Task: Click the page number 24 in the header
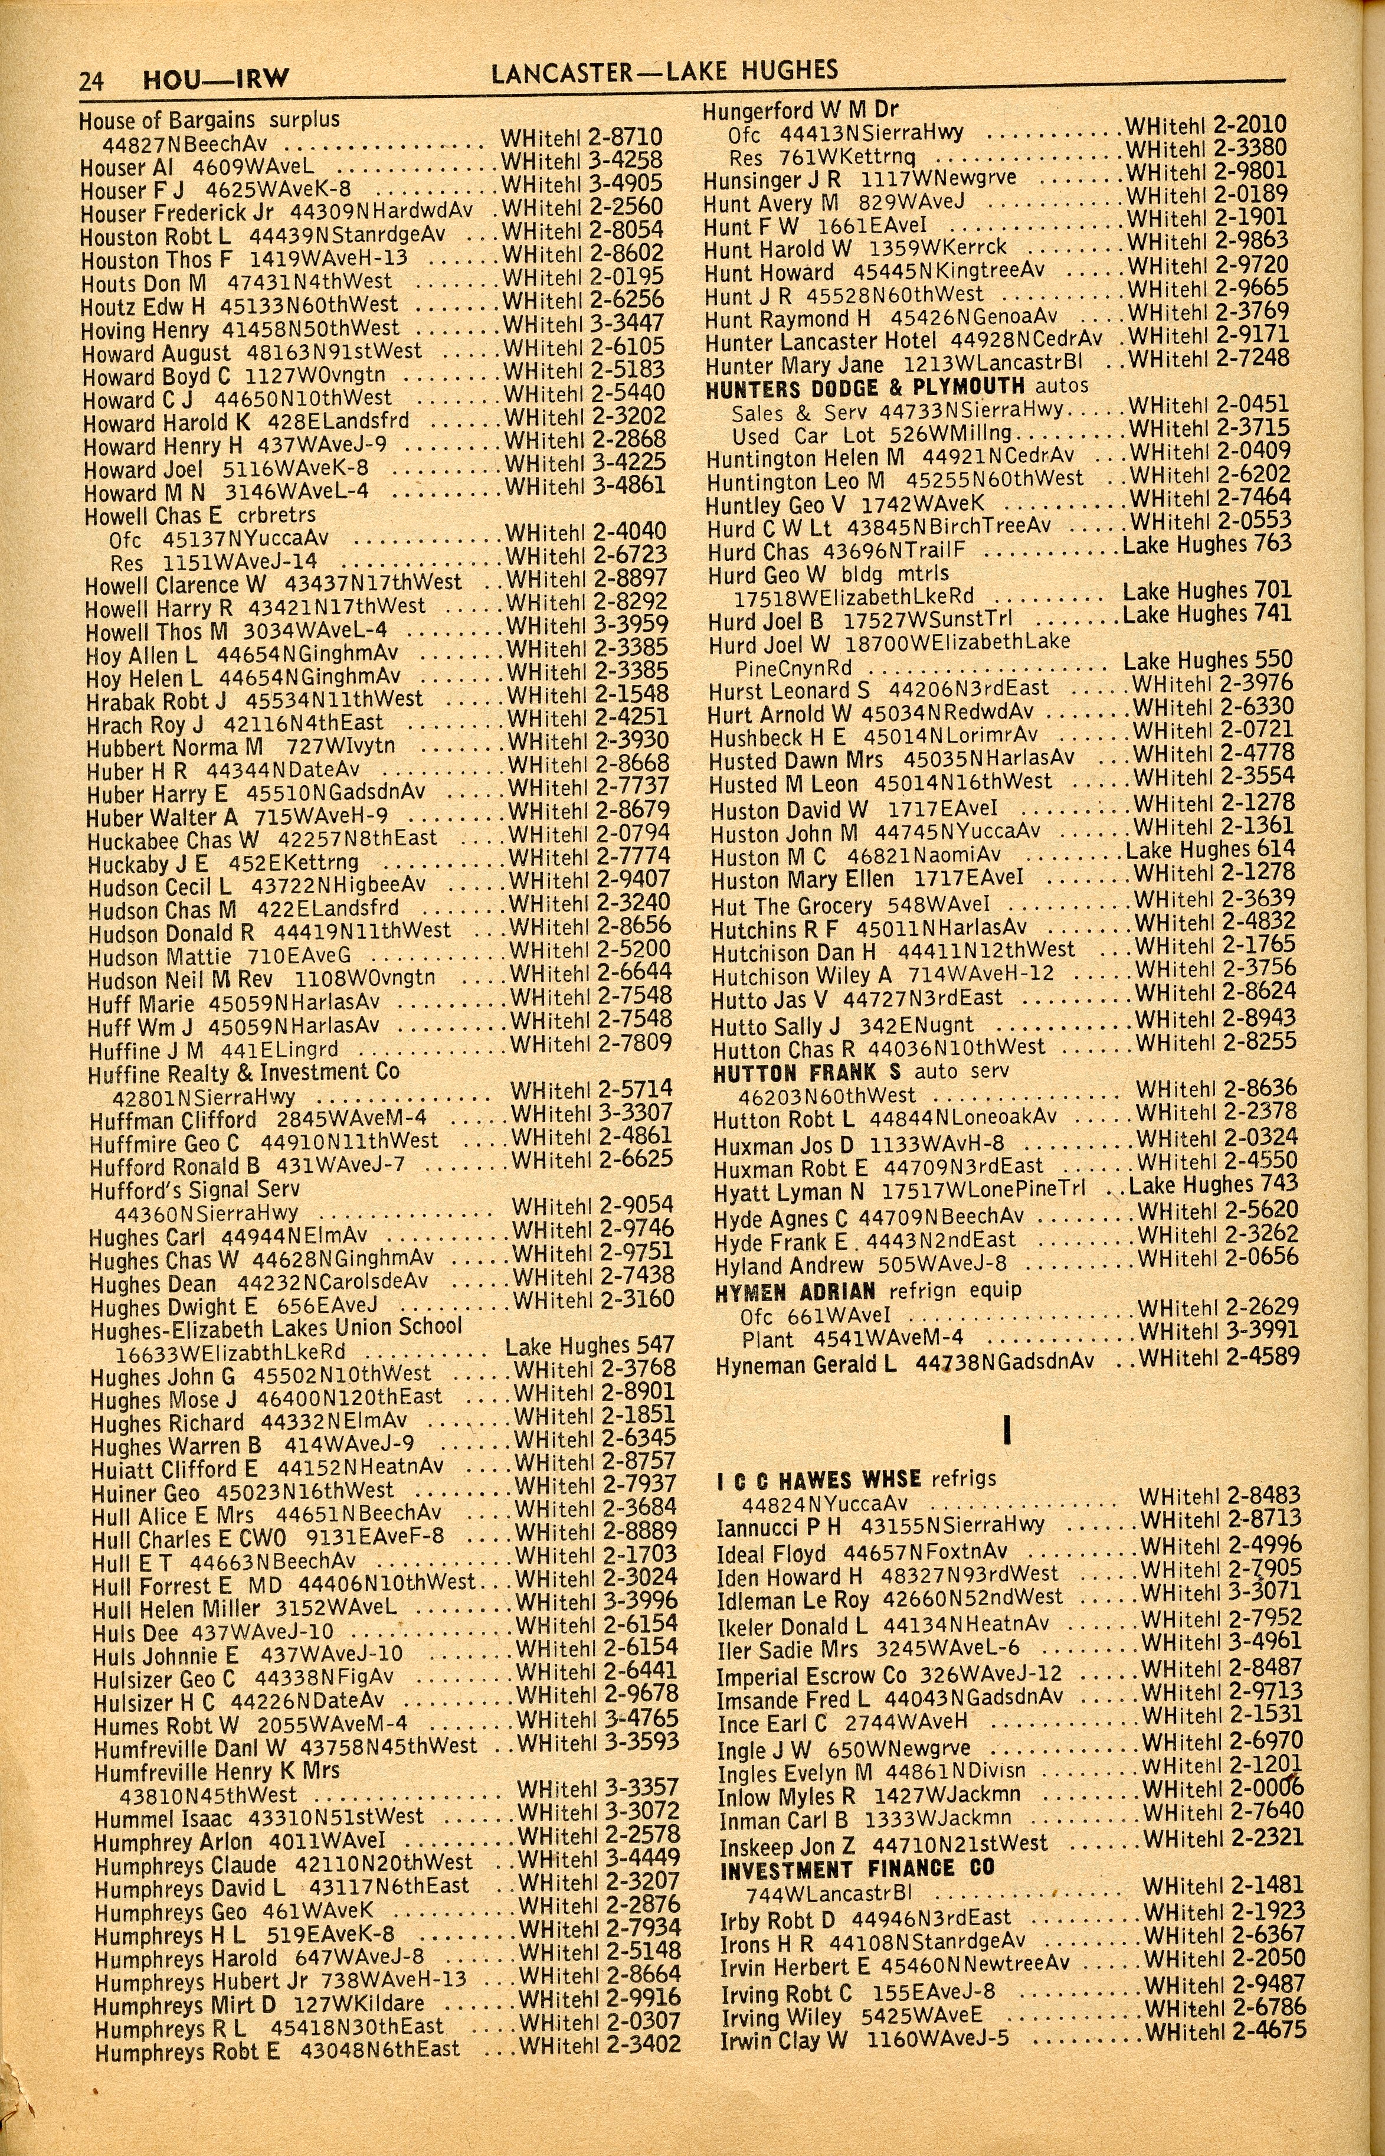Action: pyautogui.click(x=91, y=81)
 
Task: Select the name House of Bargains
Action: pyautogui.click(x=167, y=120)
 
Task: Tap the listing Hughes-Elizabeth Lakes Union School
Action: pyautogui.click(x=277, y=1328)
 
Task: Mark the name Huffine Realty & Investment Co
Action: pyautogui.click(x=244, y=1073)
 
